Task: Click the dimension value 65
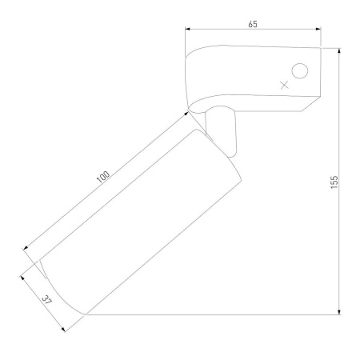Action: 253,24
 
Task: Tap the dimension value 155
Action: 334,182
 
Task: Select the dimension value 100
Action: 103,177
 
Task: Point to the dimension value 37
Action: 47,300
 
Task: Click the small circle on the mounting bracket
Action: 300,71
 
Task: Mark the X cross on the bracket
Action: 285,85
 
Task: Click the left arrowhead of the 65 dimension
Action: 187,29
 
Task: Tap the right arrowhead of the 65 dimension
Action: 318,29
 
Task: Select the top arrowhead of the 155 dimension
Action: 339,51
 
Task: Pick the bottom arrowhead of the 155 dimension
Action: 339,312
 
